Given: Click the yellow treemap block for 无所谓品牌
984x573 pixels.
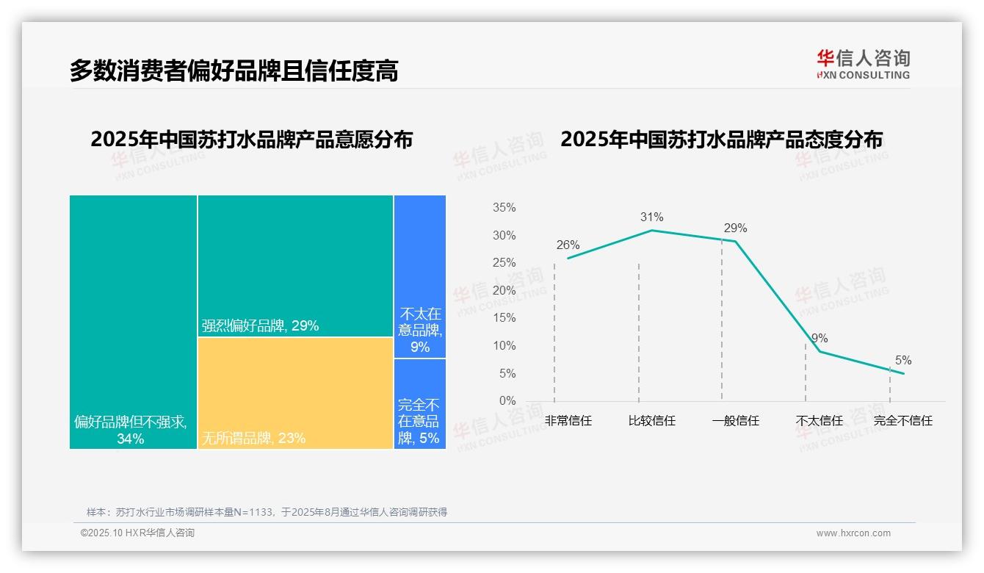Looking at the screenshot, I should [295, 392].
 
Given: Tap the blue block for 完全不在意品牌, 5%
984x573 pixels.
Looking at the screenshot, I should [420, 403].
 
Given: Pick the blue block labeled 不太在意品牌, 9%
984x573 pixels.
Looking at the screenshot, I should [420, 276].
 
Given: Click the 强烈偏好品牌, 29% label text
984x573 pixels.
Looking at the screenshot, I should [261, 325].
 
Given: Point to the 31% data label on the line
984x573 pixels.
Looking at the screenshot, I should [651, 217].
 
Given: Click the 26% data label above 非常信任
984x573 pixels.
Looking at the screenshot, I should [568, 245].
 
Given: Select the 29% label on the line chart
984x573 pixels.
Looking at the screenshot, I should [735, 228].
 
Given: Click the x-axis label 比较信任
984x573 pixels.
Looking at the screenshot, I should [651, 421].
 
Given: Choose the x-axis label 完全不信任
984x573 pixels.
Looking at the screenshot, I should [902, 421].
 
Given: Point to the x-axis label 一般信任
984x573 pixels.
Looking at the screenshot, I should [735, 421].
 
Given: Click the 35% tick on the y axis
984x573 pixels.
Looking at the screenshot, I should [504, 208].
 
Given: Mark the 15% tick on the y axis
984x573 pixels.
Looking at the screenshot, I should [504, 318].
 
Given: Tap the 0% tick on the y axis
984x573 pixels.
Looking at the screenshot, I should [507, 401].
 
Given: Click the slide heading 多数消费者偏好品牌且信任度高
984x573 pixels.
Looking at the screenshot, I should [234, 71].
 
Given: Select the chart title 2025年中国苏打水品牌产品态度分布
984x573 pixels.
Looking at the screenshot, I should [721, 140].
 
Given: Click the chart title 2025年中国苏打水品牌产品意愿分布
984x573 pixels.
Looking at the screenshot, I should [251, 140].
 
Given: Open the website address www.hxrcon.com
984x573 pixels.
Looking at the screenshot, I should [853, 533].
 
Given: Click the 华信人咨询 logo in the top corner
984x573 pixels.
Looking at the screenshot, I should [863, 64].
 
